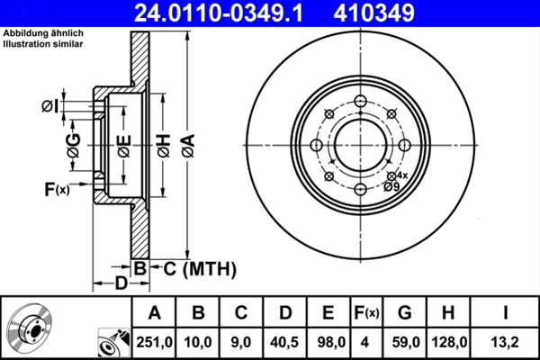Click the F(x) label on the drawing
click(x=56, y=189)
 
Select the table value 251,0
click(x=154, y=342)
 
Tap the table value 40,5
click(x=284, y=342)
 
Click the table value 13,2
click(x=505, y=342)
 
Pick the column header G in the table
click(x=404, y=313)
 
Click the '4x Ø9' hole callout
click(x=393, y=181)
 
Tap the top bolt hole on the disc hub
click(x=360, y=102)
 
